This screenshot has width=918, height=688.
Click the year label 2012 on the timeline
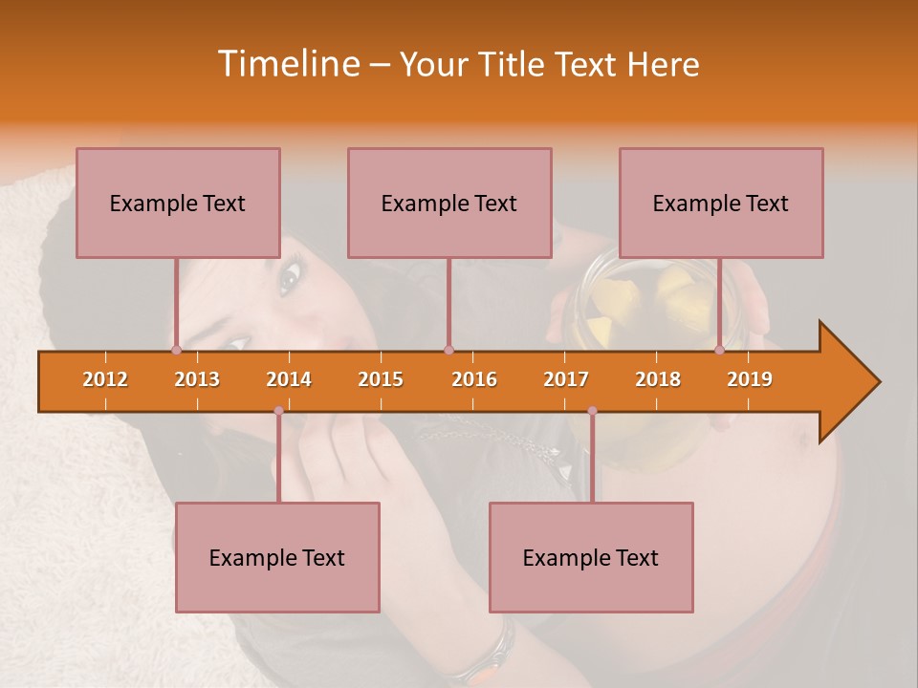(x=105, y=379)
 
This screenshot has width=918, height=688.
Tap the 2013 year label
(x=197, y=379)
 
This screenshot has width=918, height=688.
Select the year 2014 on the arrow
(x=289, y=379)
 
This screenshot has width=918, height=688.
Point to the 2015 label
(x=381, y=379)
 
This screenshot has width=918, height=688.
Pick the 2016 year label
(x=474, y=379)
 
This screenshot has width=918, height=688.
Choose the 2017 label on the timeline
(x=566, y=379)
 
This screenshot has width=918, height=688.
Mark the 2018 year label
(x=658, y=379)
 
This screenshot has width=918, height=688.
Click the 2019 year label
(x=750, y=379)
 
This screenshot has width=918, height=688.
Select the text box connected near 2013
(x=178, y=203)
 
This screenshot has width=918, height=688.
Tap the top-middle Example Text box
(x=449, y=203)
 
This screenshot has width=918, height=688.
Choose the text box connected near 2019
(x=721, y=203)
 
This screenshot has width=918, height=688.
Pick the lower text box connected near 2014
(x=277, y=557)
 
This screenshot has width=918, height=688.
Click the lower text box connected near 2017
(x=591, y=557)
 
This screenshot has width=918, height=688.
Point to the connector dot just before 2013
(x=176, y=351)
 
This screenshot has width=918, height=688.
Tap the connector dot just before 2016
(x=448, y=351)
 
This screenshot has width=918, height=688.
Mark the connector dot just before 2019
(x=719, y=351)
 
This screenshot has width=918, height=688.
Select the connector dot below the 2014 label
(x=278, y=411)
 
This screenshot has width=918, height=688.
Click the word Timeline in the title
(x=288, y=64)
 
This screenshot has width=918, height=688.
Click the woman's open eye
(x=289, y=279)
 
